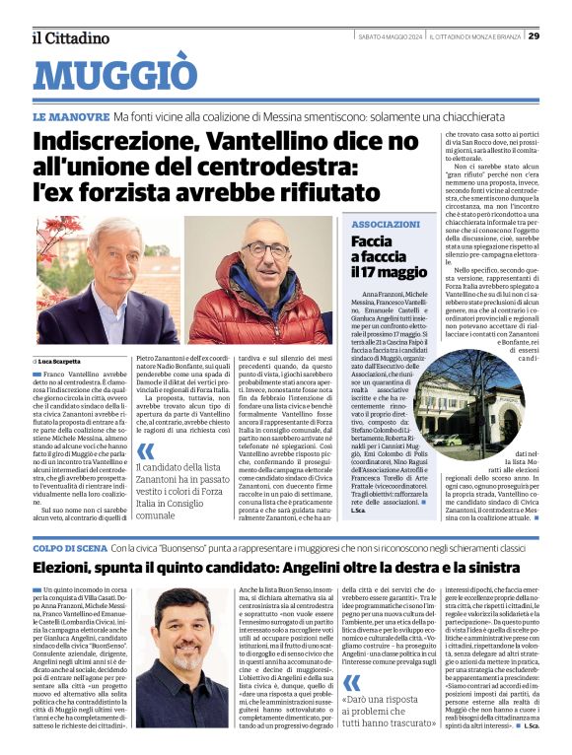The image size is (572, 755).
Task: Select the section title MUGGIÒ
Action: click(115, 75)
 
